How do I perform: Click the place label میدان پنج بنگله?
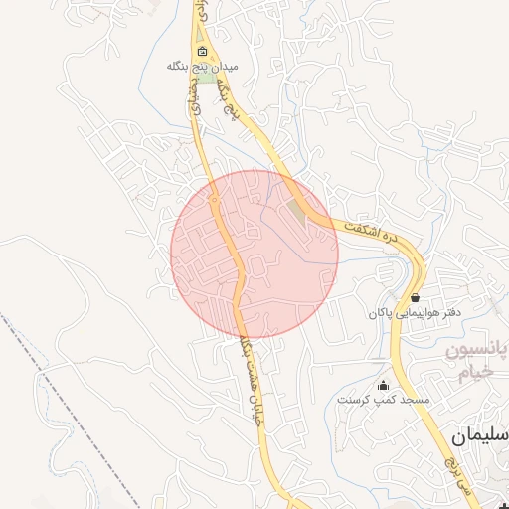pyautogui.click(x=204, y=66)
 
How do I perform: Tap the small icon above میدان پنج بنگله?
pyautogui.click(x=203, y=51)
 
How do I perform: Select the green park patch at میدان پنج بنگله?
pyautogui.click(x=206, y=78)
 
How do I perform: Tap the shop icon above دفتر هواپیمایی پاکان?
pyautogui.click(x=414, y=297)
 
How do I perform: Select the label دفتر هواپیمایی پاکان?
pyautogui.click(x=415, y=313)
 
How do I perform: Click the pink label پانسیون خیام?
pyautogui.click(x=475, y=362)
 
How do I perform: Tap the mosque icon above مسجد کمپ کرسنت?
pyautogui.click(x=384, y=385)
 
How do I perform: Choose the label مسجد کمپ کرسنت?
pyautogui.click(x=384, y=400)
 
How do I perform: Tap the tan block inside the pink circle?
pyautogui.click(x=298, y=212)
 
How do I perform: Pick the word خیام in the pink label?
pyautogui.click(x=475, y=374)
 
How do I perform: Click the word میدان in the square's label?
pyautogui.click(x=227, y=66)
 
